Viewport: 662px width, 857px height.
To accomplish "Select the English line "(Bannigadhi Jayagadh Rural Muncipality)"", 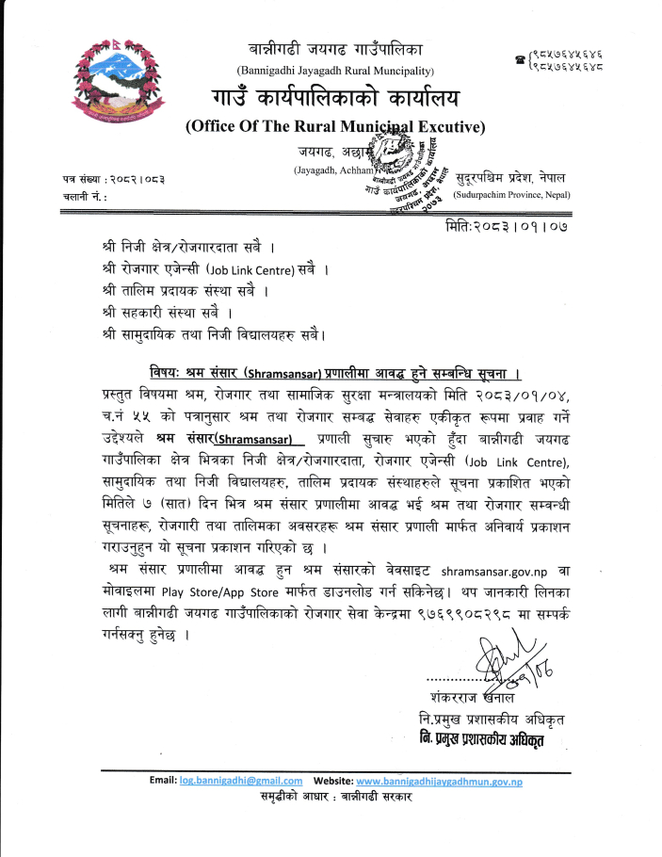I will tap(334, 72).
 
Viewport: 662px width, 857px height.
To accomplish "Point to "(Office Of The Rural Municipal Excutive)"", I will tap(334, 127).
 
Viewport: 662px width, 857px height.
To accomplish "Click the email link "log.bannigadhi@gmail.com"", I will tap(240, 781).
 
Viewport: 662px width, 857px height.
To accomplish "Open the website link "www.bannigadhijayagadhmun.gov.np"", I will tap(440, 781).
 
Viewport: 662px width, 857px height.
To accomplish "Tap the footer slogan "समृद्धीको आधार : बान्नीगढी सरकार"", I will tap(336, 796).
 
